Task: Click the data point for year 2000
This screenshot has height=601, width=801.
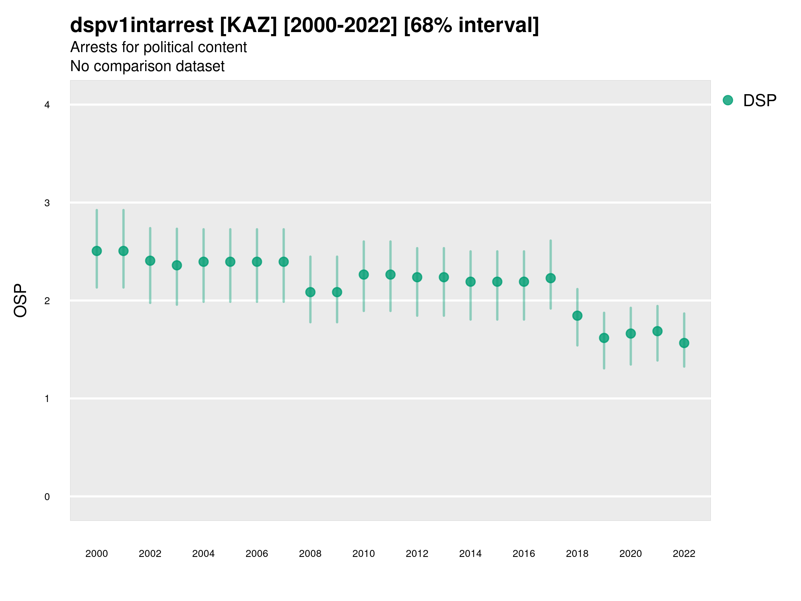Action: (97, 251)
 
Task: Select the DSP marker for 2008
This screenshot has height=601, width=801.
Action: (310, 292)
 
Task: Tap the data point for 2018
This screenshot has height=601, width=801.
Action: (577, 316)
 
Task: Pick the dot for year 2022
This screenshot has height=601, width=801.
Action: (684, 343)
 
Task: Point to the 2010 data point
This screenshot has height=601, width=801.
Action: (363, 274)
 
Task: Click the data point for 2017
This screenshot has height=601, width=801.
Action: (550, 278)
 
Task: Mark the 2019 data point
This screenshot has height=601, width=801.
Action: (604, 338)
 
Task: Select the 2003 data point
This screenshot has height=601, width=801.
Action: (177, 265)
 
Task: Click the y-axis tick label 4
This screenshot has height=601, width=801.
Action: (47, 105)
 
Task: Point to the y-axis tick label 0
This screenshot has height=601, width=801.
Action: (47, 497)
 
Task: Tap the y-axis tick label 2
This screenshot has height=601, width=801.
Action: (47, 301)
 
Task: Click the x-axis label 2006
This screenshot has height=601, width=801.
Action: (257, 554)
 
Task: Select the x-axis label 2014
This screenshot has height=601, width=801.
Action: (470, 554)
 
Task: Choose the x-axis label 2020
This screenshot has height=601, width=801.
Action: (630, 554)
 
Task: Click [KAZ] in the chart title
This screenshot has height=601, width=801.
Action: (248, 25)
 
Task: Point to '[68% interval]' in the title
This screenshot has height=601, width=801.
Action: (471, 25)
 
